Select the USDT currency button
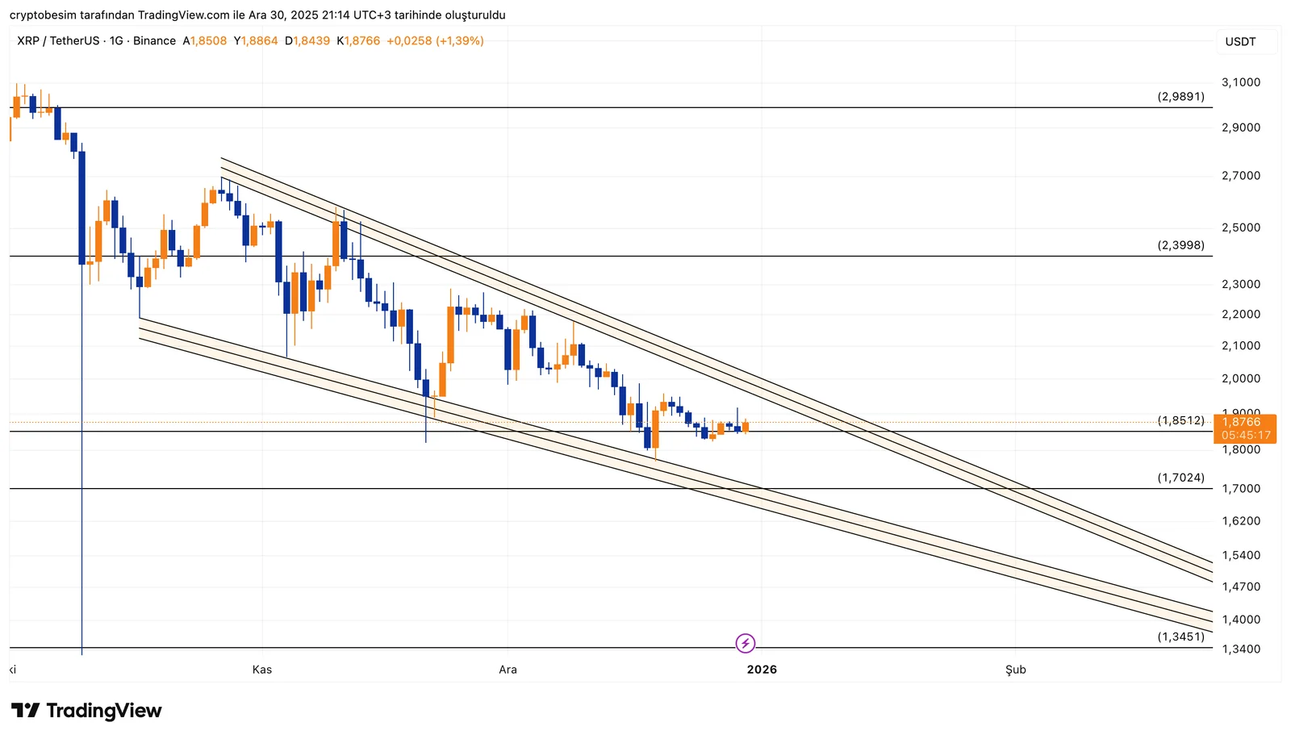[x=1240, y=42]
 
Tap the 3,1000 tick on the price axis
[x=1240, y=82]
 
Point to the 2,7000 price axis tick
[x=1240, y=176]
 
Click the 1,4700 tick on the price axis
[x=1240, y=587]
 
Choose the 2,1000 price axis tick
[x=1240, y=345]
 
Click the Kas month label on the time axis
[x=262, y=670]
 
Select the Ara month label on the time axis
[x=508, y=670]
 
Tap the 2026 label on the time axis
[x=762, y=670]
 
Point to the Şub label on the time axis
[x=1015, y=670]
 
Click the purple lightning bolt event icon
[x=746, y=643]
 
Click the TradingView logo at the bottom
[x=86, y=711]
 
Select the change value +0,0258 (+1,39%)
[x=435, y=41]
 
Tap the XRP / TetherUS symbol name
[x=58, y=41]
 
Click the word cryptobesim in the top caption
[x=40, y=15]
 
